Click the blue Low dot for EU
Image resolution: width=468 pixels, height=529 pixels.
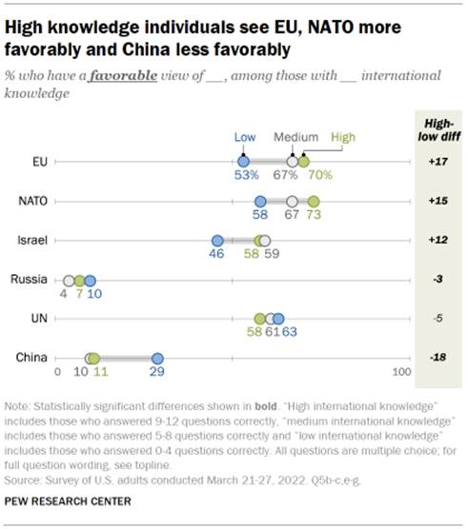pos(243,163)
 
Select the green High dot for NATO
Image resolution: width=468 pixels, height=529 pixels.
pos(314,202)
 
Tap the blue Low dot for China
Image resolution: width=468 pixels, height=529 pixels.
pos(158,358)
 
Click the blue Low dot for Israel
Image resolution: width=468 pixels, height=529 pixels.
pos(217,241)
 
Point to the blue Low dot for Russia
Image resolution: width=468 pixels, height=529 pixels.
pos(91,281)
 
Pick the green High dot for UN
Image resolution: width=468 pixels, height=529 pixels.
pos(259,320)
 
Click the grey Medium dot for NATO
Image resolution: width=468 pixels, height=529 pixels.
pos(293,202)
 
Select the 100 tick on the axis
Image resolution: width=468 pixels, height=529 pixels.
pos(402,372)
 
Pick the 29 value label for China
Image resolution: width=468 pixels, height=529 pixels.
pos(158,373)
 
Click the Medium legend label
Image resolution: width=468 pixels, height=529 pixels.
pos(295,137)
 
